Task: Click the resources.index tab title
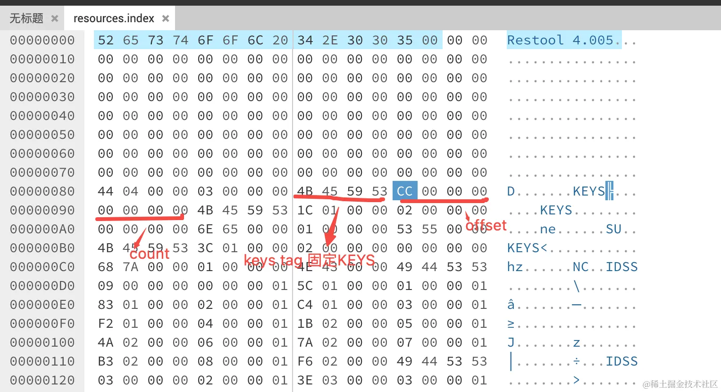(x=114, y=18)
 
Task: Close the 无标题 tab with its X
(x=55, y=18)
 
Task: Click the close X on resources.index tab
(x=165, y=18)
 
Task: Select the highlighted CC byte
(x=404, y=191)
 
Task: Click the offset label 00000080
(x=42, y=191)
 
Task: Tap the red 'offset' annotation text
(x=486, y=226)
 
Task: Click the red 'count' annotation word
(x=149, y=254)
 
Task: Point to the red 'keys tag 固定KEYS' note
(x=309, y=260)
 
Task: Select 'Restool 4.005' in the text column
(x=560, y=40)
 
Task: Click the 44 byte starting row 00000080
(x=105, y=191)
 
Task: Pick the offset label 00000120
(x=42, y=380)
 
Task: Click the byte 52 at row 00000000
(x=105, y=40)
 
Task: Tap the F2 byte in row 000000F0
(x=105, y=324)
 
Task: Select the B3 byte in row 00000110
(x=105, y=361)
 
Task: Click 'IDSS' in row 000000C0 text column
(x=621, y=267)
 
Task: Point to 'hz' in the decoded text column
(x=515, y=267)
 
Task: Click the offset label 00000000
(x=42, y=40)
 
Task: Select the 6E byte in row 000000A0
(x=205, y=229)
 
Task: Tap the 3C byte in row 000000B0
(x=205, y=248)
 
